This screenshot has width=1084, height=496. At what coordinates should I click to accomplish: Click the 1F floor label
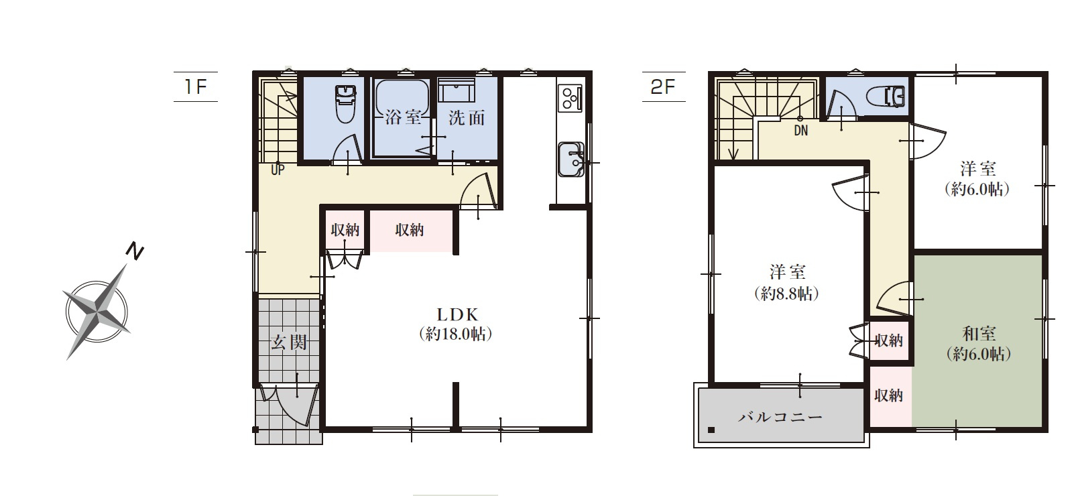196,87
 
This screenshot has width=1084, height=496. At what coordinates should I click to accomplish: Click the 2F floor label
663,87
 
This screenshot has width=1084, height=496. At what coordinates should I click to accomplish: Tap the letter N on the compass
135,251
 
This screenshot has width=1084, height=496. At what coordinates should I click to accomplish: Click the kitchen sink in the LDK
572,160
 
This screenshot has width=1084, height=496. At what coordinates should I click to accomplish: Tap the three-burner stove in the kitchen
570,98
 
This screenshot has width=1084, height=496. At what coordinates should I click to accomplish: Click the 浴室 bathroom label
403,117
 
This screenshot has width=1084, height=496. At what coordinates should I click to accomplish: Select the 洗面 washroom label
467,117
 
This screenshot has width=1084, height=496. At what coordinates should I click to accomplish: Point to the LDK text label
458,315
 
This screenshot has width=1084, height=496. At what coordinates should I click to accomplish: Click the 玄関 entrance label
289,343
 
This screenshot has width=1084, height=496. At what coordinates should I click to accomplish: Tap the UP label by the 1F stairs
278,170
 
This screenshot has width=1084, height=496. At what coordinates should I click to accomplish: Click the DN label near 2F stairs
801,131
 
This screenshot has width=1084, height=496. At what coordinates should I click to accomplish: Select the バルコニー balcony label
780,417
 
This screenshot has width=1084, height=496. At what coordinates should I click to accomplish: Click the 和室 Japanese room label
979,334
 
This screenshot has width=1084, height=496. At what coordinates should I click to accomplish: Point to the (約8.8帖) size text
787,294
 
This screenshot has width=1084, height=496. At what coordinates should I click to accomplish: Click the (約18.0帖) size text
455,334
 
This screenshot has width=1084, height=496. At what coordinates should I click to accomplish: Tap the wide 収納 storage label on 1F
410,230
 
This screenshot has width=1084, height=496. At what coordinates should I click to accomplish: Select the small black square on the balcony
711,430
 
